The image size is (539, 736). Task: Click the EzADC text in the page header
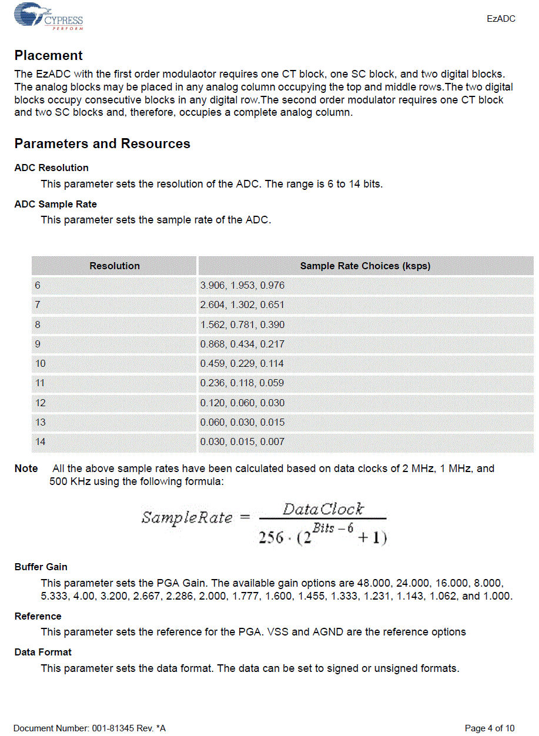point(501,19)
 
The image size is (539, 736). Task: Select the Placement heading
point(49,56)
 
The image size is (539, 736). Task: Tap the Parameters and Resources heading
point(102,144)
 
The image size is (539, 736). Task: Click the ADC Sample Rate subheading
point(56,204)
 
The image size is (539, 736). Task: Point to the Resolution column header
point(115,266)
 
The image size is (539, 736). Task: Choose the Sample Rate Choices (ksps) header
point(365,266)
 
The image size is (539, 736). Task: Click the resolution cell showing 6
point(38,286)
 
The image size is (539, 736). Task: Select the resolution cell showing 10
point(40,364)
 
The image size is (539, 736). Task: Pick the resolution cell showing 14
point(40,442)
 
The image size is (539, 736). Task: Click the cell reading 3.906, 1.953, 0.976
point(242,286)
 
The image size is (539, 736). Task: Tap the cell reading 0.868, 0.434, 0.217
point(242,344)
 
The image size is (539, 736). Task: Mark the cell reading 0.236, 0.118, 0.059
point(242,383)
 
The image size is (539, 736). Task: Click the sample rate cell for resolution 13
point(242,423)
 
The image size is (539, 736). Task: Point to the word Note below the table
point(26,469)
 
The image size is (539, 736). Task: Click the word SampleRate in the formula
point(187,518)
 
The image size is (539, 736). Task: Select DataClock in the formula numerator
point(323,509)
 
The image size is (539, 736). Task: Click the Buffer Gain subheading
point(41,567)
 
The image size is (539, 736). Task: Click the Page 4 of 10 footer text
point(489,728)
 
